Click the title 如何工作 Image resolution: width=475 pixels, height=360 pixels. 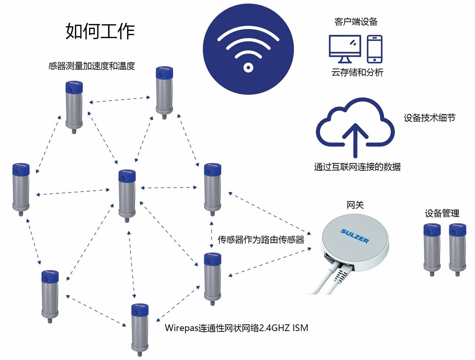tap(100, 31)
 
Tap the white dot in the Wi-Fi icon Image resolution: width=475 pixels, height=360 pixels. tap(248, 67)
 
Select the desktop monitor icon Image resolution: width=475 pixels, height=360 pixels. tap(345, 49)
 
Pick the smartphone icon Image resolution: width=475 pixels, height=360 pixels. tap(374, 49)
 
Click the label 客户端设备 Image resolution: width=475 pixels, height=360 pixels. tap(356, 22)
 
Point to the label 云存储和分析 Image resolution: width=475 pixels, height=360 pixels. tap(357, 72)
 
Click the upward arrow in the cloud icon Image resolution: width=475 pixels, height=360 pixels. tap(355, 140)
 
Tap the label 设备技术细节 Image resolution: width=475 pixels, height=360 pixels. tap(429, 118)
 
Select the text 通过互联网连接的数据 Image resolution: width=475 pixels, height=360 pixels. tap(357, 167)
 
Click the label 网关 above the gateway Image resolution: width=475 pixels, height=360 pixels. tap(355, 205)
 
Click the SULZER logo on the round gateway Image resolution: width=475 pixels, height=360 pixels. tap(354, 236)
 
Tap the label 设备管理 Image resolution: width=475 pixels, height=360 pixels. tap(442, 213)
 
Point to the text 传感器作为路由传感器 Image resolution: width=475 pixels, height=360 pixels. tap(261, 240)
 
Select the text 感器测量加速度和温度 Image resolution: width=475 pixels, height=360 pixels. tap(92, 66)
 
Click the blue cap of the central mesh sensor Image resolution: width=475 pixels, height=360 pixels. tap(127, 176)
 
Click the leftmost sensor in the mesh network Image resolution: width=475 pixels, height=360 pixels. tap(21, 189)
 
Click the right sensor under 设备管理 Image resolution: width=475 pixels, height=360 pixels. tap(457, 250)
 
